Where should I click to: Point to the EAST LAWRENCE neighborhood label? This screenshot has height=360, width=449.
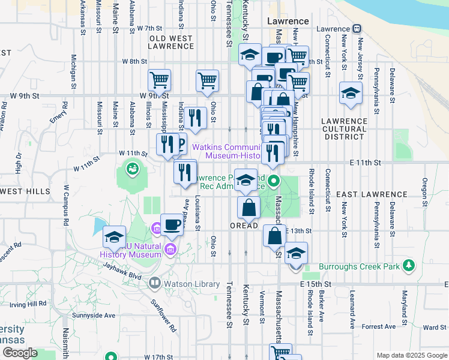tap(372, 194)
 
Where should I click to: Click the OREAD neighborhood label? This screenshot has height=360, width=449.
tap(244, 226)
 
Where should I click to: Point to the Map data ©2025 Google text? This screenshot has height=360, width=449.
tap(411, 355)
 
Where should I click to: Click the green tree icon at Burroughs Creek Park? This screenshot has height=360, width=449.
tap(409, 265)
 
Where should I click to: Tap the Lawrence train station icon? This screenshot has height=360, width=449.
tap(357, 28)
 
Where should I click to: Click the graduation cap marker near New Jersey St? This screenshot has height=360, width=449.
tap(351, 93)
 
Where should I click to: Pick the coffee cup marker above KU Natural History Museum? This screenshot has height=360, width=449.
tap(172, 225)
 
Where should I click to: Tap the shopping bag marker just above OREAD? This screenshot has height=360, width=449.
tap(249, 208)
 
